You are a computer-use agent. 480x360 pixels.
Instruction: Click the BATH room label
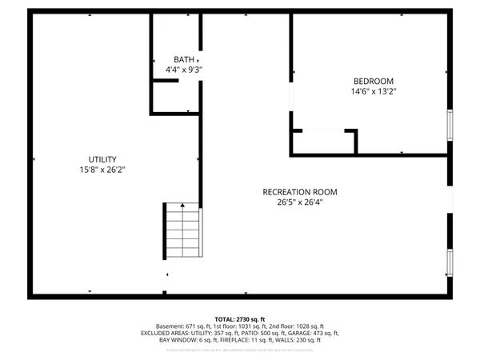pyautogui.click(x=183, y=60)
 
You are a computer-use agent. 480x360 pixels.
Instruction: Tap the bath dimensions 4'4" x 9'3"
pyautogui.click(x=183, y=70)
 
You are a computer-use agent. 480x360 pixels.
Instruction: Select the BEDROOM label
pyautogui.click(x=374, y=82)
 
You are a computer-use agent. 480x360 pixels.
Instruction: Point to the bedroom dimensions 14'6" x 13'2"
pyautogui.click(x=374, y=92)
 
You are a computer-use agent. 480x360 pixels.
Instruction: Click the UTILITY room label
pyautogui.click(x=103, y=159)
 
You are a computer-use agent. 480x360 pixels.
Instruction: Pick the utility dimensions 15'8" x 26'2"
pyautogui.click(x=103, y=170)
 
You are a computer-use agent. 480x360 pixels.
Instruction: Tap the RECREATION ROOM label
pyautogui.click(x=300, y=192)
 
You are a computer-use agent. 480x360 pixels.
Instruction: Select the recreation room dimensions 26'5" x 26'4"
pyautogui.click(x=300, y=202)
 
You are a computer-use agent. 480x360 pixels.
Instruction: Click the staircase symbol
pyautogui.click(x=183, y=230)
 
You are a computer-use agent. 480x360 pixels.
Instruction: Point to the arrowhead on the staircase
pyautogui.click(x=183, y=206)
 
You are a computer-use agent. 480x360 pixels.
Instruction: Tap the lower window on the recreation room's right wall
pyautogui.click(x=450, y=262)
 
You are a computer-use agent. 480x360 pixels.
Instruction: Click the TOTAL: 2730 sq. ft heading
pyautogui.click(x=240, y=318)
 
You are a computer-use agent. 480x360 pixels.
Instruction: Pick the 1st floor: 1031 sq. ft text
pyautogui.click(x=240, y=326)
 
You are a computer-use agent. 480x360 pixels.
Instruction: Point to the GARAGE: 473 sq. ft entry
pyautogui.click(x=310, y=334)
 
